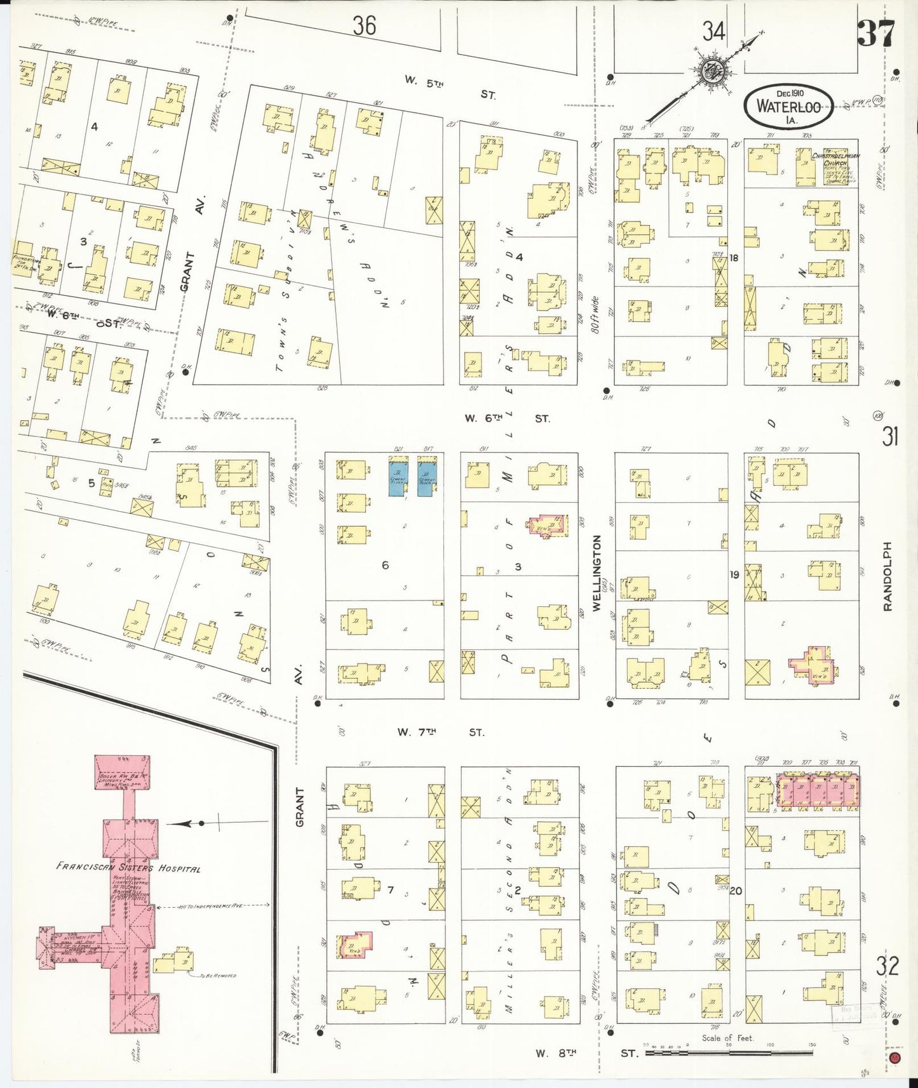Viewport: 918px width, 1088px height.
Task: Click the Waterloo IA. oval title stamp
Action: pyautogui.click(x=788, y=106)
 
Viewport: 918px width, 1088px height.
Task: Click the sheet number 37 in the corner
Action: pyautogui.click(x=877, y=33)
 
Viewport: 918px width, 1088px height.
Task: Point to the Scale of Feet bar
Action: pyautogui.click(x=728, y=1052)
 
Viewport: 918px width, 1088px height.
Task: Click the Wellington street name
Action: pyautogui.click(x=597, y=573)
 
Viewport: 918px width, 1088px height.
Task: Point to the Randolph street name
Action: pyautogui.click(x=888, y=576)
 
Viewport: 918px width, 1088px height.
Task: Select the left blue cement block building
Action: pyautogui.click(x=399, y=476)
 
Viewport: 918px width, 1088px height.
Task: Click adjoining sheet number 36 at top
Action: pyautogui.click(x=364, y=25)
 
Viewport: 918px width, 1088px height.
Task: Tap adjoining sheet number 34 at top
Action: pyautogui.click(x=713, y=30)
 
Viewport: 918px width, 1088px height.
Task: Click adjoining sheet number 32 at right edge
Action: pyautogui.click(x=887, y=965)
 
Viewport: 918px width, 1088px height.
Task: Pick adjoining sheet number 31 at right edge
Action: pyautogui.click(x=889, y=436)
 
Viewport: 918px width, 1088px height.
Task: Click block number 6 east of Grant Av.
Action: pyautogui.click(x=385, y=565)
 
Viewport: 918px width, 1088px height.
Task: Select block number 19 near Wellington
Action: pyautogui.click(x=734, y=574)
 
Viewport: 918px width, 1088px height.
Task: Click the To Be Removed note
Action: pyautogui.click(x=217, y=975)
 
